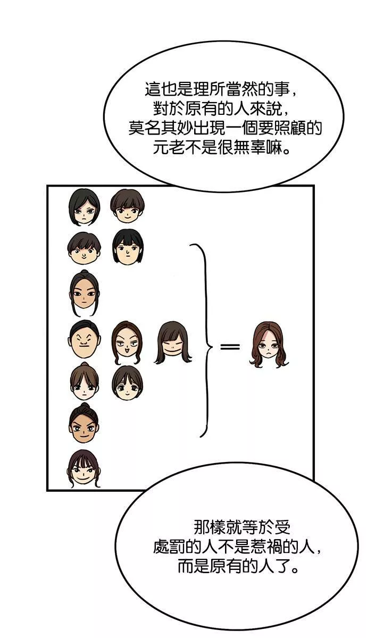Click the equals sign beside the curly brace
coord(230,347)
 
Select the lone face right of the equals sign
coord(269,345)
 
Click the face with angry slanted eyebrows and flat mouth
coord(85,339)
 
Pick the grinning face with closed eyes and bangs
coord(173,342)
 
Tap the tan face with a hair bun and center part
coord(84,292)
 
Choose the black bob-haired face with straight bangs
coord(128,247)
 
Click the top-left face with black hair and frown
coord(84,207)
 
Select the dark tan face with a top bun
coord(84,423)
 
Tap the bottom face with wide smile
coord(84,468)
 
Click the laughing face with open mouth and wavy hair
coord(127,342)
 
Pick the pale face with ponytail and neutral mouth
coord(85,381)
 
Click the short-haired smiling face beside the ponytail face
coord(127,382)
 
